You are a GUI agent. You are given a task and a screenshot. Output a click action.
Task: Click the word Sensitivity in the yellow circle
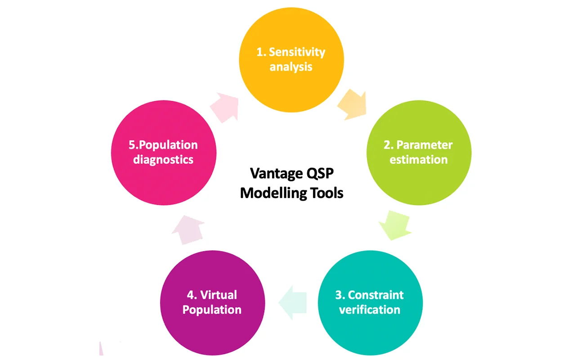(297, 52)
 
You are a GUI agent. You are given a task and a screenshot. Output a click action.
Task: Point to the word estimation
(419, 160)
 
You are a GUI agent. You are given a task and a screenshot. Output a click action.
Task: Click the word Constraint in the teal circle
(375, 295)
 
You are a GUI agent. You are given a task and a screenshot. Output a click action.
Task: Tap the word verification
(370, 310)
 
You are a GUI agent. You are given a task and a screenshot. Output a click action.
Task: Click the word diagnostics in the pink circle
(163, 160)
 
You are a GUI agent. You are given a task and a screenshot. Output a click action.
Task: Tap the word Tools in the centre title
(327, 193)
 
